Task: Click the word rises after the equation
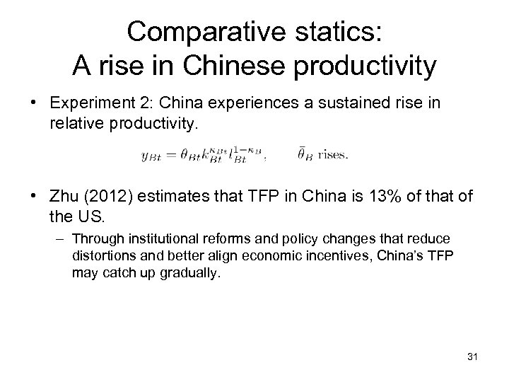332,155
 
